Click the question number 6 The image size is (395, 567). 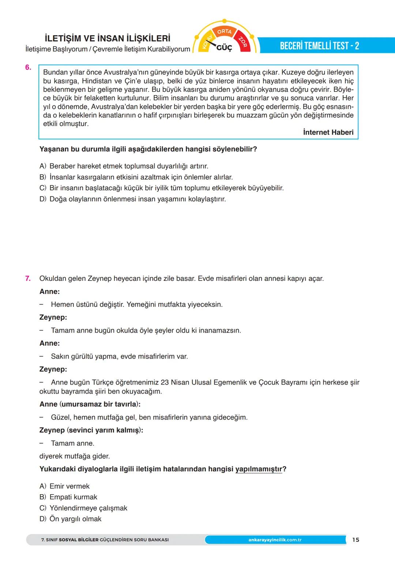pos(28,68)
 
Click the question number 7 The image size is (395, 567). pos(28,278)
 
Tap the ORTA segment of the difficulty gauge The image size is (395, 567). pos(224,31)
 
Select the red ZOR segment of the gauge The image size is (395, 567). pos(243,42)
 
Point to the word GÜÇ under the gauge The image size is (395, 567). pos(224,48)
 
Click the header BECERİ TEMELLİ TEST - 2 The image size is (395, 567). pos(319,46)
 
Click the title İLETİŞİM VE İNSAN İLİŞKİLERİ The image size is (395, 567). pos(107,38)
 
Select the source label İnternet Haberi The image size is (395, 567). pos(328,132)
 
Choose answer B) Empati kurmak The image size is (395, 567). pos(68,497)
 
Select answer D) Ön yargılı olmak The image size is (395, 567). pos(70,519)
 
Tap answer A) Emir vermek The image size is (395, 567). pos(64,486)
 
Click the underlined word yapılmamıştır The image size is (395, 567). pos(259,469)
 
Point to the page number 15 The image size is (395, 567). pos(355,540)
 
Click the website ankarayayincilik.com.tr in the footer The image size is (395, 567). pos(275,540)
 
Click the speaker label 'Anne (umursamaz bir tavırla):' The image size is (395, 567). pos(90,404)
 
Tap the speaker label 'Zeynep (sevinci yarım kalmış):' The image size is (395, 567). pos(91,430)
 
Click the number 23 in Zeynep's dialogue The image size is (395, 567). pos(165,382)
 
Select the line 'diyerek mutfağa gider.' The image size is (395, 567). pos(75,456)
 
